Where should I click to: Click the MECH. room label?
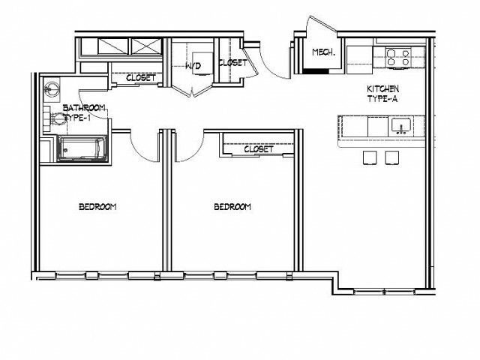pos(323,52)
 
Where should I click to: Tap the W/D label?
pos(193,65)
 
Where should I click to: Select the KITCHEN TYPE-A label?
pos(383,94)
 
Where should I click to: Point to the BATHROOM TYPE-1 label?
pos(83,112)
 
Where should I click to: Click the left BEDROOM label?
pos(97,207)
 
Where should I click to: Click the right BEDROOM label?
pos(232,207)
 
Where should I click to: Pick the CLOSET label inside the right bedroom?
pos(259,149)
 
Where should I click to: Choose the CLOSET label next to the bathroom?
pos(141,78)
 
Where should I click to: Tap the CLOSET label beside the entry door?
pos(232,63)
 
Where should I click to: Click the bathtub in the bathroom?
pos(82,148)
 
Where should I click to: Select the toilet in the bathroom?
pos(56,118)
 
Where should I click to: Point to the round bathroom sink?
pos(51,88)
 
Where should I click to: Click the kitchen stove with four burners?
pos(398,58)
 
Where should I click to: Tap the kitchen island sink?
pos(401,127)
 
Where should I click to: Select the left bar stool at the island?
pos(370,157)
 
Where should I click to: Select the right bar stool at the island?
pos(391,157)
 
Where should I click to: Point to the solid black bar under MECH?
pos(315,71)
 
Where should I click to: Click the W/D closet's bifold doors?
pos(192,91)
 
